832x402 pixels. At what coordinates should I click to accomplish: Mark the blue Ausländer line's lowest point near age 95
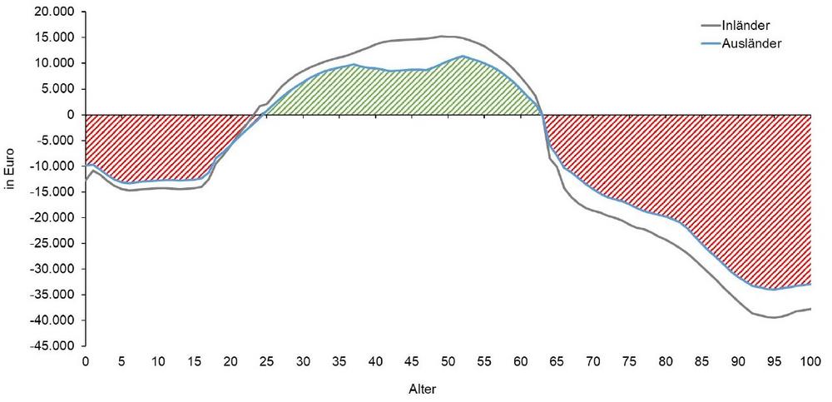point(774,290)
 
